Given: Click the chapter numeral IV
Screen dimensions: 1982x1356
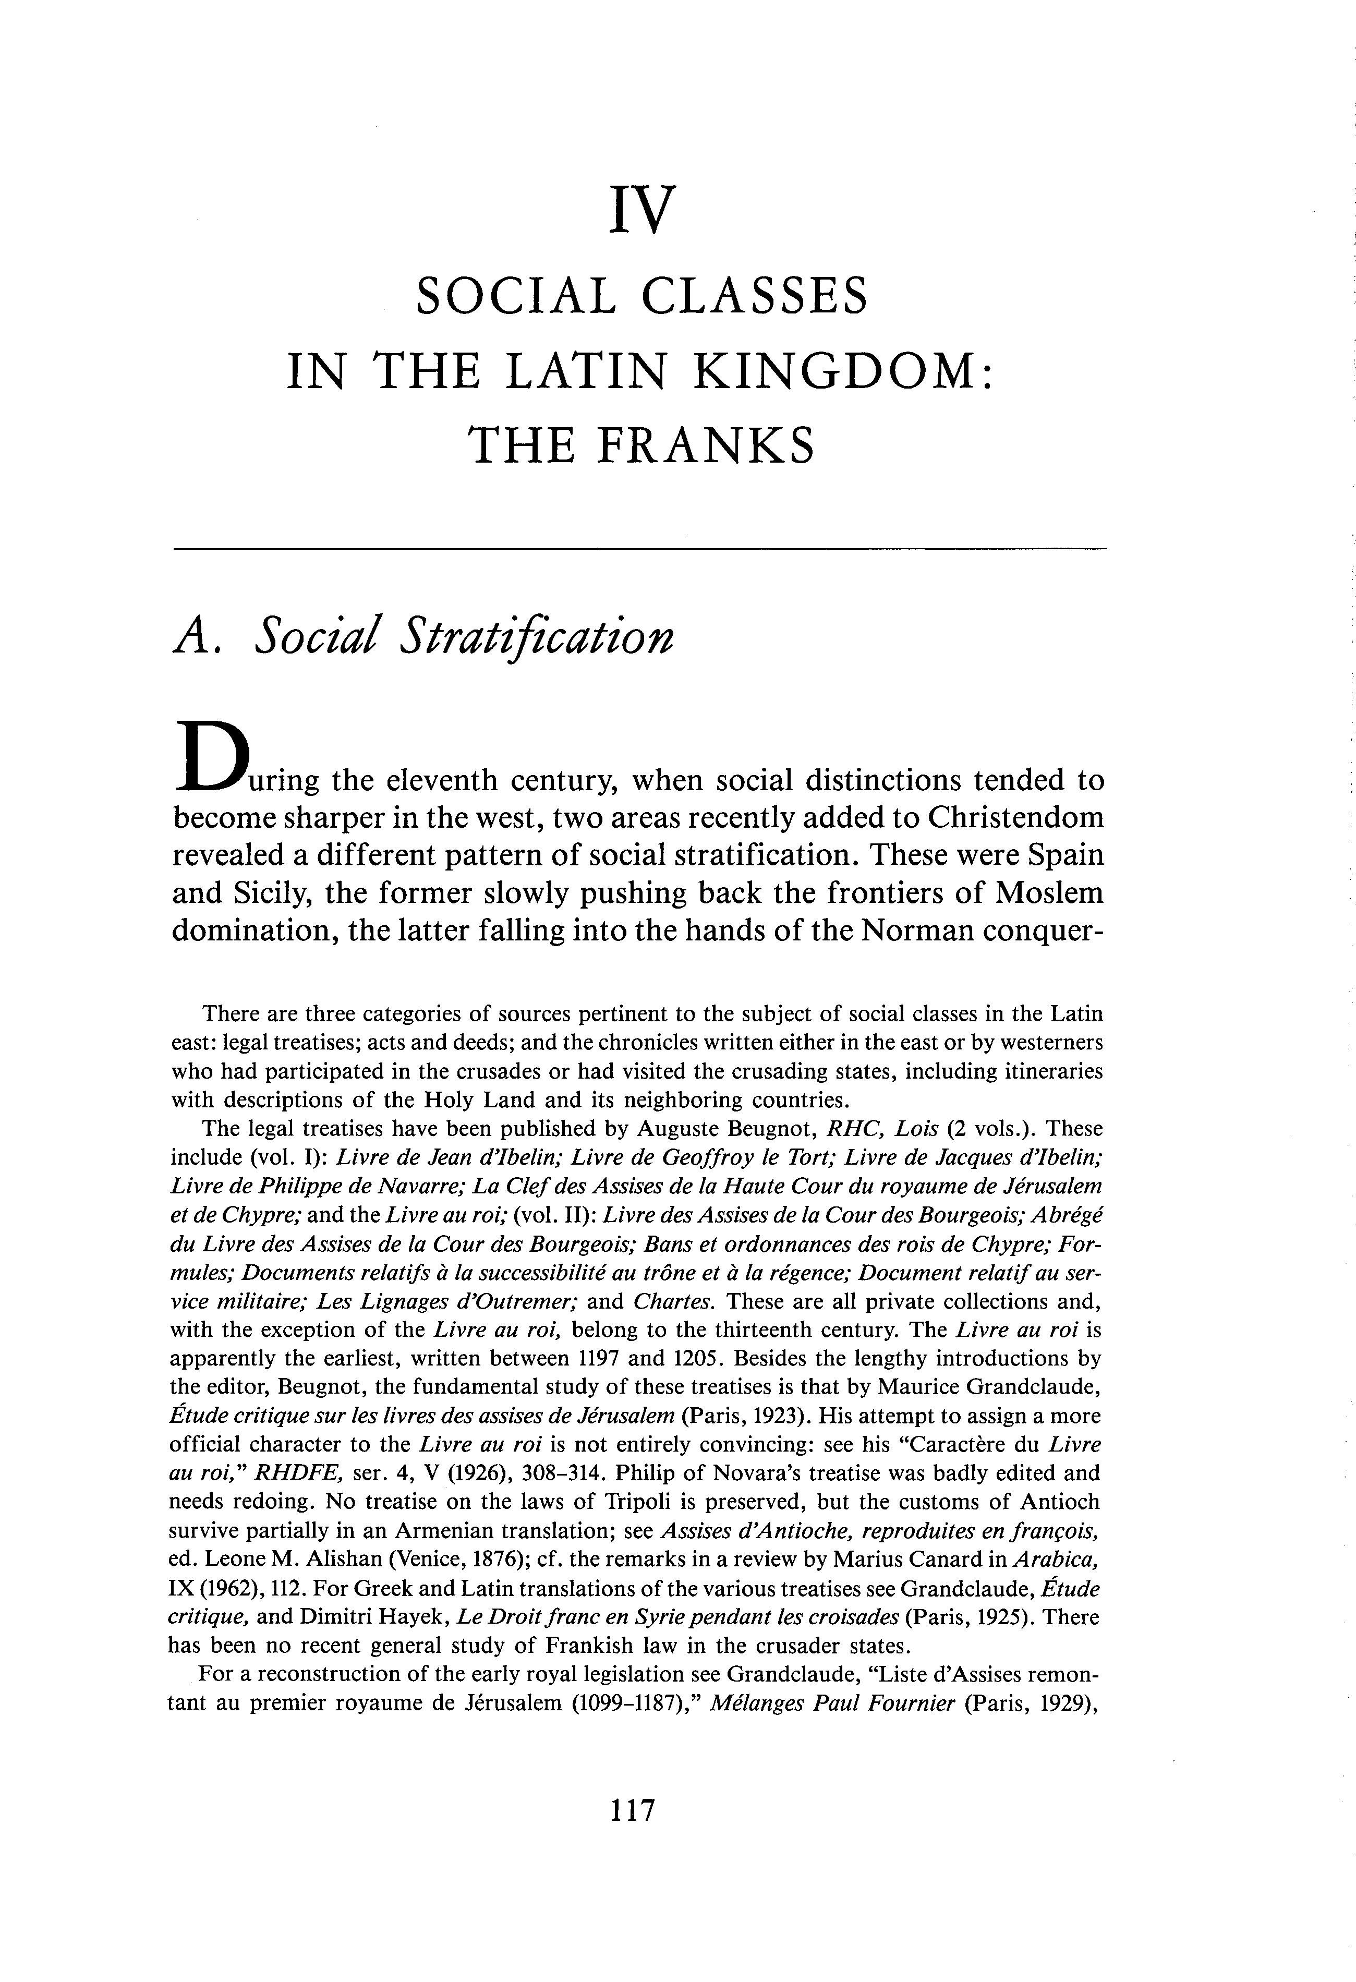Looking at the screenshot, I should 642,209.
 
